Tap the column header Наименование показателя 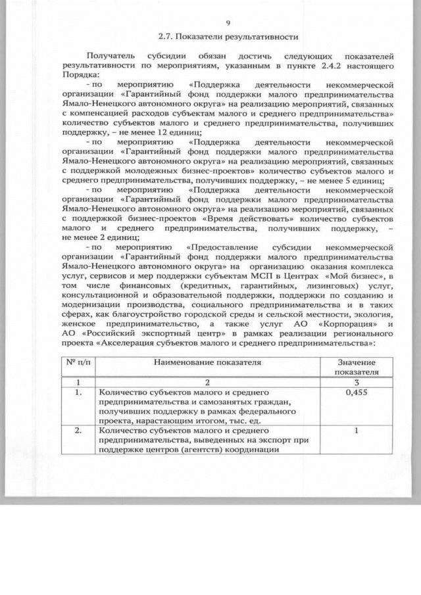[x=208, y=362]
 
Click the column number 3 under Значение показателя [x=355, y=382]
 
